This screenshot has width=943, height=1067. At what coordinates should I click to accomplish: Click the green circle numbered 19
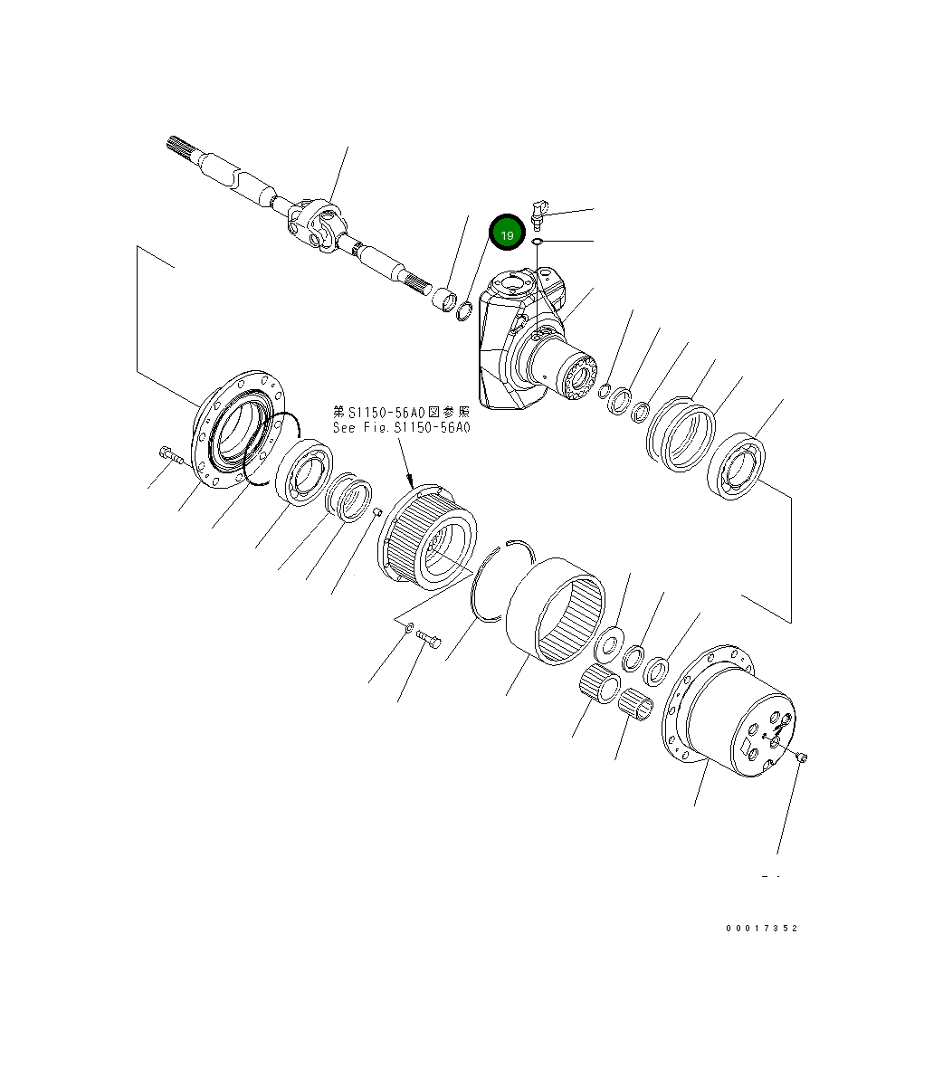pyautogui.click(x=507, y=234)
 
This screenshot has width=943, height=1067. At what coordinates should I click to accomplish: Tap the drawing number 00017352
pyautogui.click(x=761, y=929)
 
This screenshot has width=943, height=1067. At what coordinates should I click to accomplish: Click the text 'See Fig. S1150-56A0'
pyautogui.click(x=401, y=428)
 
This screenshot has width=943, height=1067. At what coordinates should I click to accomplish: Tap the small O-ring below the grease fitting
pyautogui.click(x=537, y=243)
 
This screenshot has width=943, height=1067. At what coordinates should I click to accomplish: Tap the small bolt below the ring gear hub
pyautogui.click(x=430, y=641)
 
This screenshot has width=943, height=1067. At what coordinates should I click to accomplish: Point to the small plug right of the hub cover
pyautogui.click(x=803, y=757)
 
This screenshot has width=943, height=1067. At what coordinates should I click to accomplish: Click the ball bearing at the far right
pyautogui.click(x=738, y=466)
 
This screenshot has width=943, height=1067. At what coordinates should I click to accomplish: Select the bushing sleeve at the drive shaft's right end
pyautogui.click(x=444, y=299)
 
